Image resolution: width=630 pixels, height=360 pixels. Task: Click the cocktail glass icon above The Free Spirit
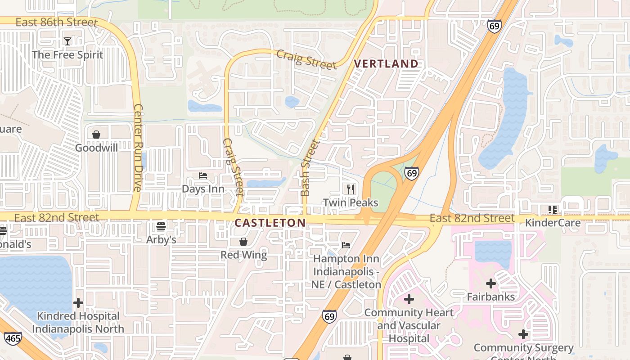(67, 41)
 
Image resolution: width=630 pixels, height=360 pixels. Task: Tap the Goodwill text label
(96, 148)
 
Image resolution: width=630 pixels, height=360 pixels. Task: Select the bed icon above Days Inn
(203, 175)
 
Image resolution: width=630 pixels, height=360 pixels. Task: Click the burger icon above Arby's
(161, 226)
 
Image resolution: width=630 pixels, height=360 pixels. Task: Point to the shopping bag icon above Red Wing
(243, 242)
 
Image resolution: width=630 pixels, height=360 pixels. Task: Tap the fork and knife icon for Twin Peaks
(351, 189)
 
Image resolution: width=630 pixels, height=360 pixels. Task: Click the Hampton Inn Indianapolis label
(346, 271)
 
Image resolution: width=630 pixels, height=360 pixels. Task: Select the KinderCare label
(553, 222)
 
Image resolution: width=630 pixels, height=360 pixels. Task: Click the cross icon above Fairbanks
(491, 283)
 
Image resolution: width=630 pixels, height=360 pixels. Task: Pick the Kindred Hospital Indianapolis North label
(78, 322)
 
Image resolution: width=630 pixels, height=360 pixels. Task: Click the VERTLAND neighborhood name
(386, 64)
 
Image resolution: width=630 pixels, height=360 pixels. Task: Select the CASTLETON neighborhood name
(270, 222)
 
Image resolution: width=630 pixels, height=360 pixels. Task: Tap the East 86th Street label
(56, 22)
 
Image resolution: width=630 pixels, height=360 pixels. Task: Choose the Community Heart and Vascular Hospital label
(409, 325)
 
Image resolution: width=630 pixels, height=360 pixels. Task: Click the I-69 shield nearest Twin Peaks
(411, 173)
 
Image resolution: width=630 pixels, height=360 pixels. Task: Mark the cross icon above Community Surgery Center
(523, 334)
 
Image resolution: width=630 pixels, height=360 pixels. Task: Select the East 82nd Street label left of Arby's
(56, 218)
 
